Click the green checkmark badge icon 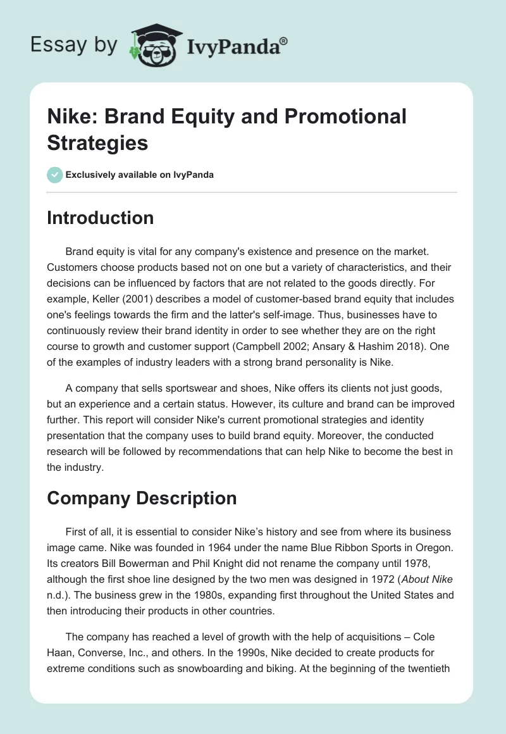click(54, 175)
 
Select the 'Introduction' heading click(101, 218)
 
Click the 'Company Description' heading click(142, 499)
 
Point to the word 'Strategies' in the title click(97, 142)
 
